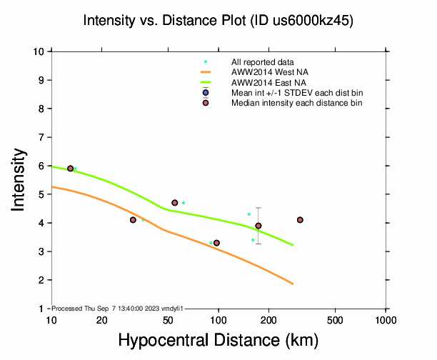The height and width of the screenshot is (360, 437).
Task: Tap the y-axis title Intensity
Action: click(20, 179)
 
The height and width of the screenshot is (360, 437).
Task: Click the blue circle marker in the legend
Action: click(206, 93)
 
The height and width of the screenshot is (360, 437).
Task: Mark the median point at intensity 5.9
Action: click(70, 169)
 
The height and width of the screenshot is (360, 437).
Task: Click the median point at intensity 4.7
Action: click(175, 203)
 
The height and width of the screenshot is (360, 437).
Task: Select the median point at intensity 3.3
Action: click(216, 243)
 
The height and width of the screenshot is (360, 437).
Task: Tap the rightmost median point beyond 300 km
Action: click(300, 220)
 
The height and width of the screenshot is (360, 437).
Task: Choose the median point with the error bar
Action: click(258, 226)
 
